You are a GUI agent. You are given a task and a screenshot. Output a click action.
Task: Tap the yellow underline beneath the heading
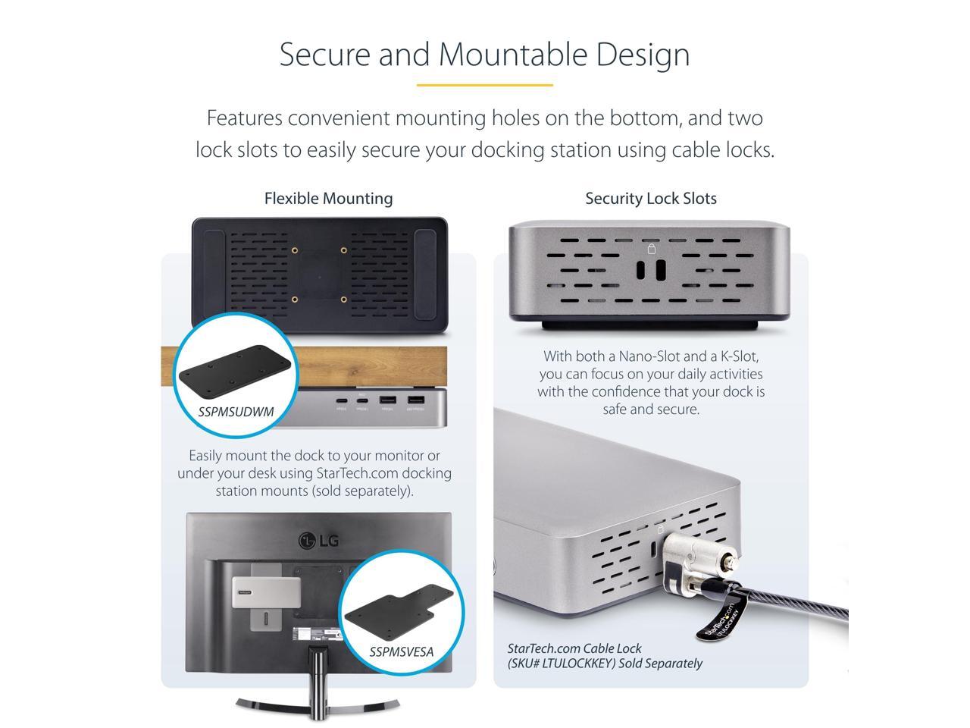(x=484, y=85)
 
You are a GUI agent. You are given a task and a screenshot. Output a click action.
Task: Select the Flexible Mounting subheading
(x=328, y=199)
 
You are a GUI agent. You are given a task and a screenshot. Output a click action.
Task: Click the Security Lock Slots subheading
(x=650, y=199)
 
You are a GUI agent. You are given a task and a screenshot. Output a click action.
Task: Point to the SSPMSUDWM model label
(x=236, y=413)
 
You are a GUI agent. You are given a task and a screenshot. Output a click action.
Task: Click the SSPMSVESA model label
(x=402, y=651)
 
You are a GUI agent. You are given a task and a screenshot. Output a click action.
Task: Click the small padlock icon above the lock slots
(x=650, y=249)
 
